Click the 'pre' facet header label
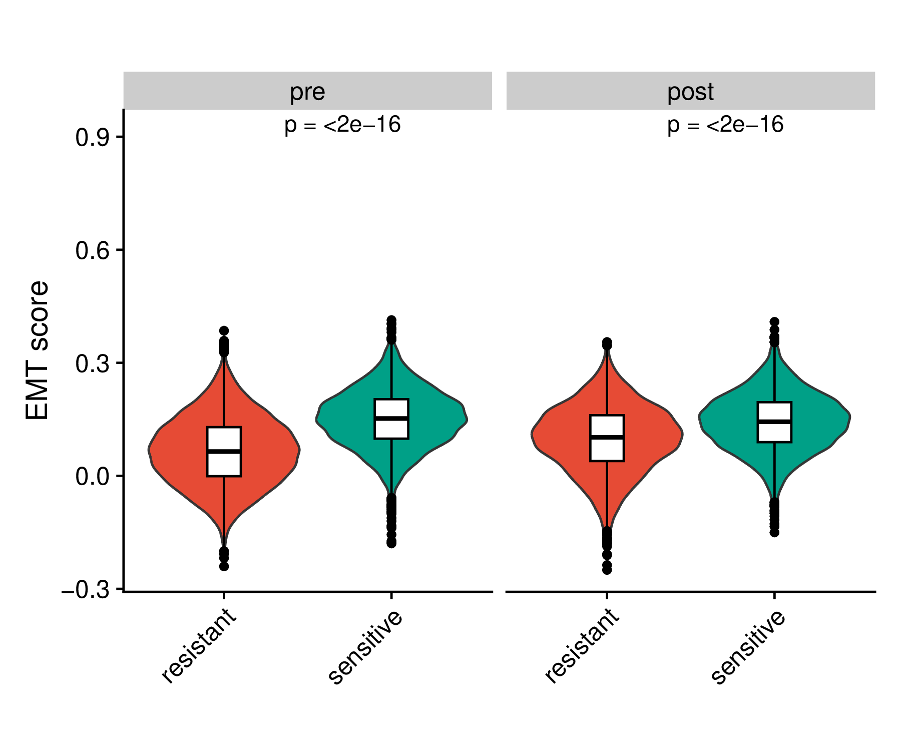coord(307,92)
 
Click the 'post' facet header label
coord(690,92)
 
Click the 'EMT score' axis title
coord(38,350)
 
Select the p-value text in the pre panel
coord(342,125)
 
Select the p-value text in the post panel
coord(725,125)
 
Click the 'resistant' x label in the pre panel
coord(199,645)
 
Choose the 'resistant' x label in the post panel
coord(582,645)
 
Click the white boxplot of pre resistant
coord(224,451)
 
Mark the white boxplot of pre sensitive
coord(391,419)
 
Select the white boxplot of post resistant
coord(607,438)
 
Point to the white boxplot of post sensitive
coord(774,422)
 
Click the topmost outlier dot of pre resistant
coord(224,330)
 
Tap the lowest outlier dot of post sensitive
coord(774,532)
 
